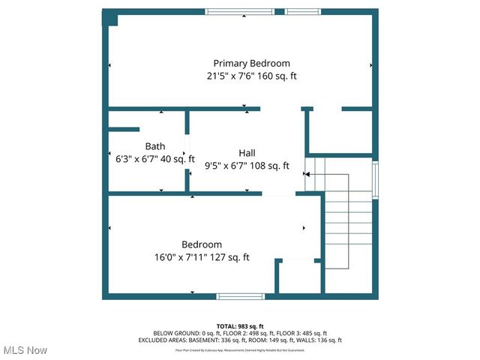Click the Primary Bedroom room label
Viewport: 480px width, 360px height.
click(x=251, y=64)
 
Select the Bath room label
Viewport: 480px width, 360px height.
click(x=155, y=146)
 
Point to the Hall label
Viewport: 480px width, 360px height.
click(x=247, y=153)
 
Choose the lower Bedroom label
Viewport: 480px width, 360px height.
click(x=202, y=244)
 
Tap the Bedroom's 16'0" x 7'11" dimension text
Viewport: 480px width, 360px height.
click(x=181, y=258)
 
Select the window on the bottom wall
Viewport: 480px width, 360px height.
click(x=240, y=296)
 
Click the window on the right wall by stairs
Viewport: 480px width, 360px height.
click(x=376, y=177)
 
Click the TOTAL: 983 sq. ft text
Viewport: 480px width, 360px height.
click(x=240, y=326)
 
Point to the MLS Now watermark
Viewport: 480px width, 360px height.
click(x=25, y=350)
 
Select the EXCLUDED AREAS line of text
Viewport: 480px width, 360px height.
click(x=240, y=340)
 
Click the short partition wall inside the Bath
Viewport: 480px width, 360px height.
click(x=125, y=130)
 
